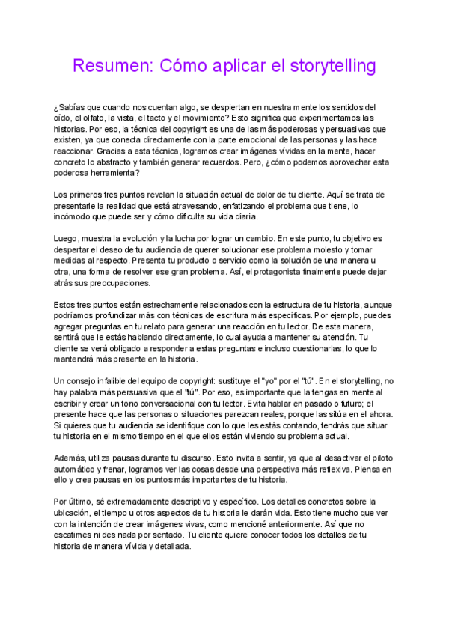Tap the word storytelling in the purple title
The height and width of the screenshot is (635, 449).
point(331,66)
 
